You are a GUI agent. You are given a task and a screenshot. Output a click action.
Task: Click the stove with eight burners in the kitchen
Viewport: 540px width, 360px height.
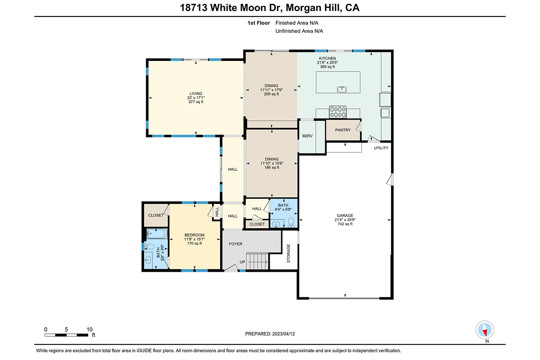pos(338,112)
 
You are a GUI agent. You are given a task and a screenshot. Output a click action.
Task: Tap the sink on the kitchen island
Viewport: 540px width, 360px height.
pos(342,89)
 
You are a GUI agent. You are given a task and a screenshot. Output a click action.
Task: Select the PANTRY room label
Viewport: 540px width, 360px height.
pos(343,130)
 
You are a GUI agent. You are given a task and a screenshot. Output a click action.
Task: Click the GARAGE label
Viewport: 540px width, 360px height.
pos(345,216)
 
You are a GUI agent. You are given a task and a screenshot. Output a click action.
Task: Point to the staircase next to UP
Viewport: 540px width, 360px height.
pos(257,261)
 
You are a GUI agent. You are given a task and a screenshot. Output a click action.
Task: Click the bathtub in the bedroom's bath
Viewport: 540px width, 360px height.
pos(157,234)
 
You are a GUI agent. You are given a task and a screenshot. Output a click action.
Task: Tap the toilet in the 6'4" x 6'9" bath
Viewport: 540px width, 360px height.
pos(291,222)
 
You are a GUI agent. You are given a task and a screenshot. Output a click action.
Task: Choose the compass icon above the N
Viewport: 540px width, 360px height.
pos(485,330)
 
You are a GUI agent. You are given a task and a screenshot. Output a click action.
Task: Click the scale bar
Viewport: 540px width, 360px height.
pos(66,335)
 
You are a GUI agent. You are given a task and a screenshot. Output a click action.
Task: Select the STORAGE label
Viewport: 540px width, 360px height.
pos(289,253)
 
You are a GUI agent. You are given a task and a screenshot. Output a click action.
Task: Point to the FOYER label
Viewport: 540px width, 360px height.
pos(235,244)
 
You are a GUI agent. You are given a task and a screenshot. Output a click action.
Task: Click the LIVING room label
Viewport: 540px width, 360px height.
pos(196,94)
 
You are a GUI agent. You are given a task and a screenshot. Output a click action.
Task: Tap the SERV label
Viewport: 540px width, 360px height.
pos(307,136)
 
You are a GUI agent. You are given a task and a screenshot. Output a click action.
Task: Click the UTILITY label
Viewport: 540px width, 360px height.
pos(381,148)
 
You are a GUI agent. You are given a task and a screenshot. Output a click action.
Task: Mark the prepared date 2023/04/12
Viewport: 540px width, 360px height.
pos(283,334)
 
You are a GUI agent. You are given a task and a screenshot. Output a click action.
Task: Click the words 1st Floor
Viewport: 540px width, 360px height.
pos(259,23)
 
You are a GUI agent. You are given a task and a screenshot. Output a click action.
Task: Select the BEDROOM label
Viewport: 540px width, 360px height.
pos(194,235)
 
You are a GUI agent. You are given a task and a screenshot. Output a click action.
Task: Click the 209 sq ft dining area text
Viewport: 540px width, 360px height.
pos(271,94)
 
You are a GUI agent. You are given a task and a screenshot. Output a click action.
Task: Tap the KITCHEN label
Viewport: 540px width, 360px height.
pos(327,58)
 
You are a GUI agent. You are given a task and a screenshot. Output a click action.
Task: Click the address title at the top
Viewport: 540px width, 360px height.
pos(270,8)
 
